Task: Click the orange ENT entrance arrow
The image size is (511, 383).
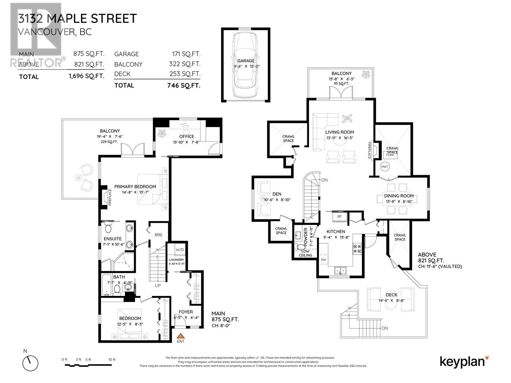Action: point(181,335)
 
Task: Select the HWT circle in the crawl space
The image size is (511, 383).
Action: point(385,167)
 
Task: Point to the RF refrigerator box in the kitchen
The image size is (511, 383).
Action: point(339,217)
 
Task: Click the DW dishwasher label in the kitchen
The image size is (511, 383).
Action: point(324,259)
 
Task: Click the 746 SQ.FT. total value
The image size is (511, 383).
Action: point(184,85)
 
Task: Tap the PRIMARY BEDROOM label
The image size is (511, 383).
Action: point(135,187)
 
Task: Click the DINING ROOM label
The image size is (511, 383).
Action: point(399,196)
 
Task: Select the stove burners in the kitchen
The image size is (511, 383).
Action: point(357,249)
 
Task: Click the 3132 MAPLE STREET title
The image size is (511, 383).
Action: point(78,19)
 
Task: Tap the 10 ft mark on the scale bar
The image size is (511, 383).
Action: point(112,360)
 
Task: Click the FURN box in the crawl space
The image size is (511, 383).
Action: point(390,155)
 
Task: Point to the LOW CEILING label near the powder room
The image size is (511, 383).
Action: point(305,253)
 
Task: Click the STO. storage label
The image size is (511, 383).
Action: point(159,235)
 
